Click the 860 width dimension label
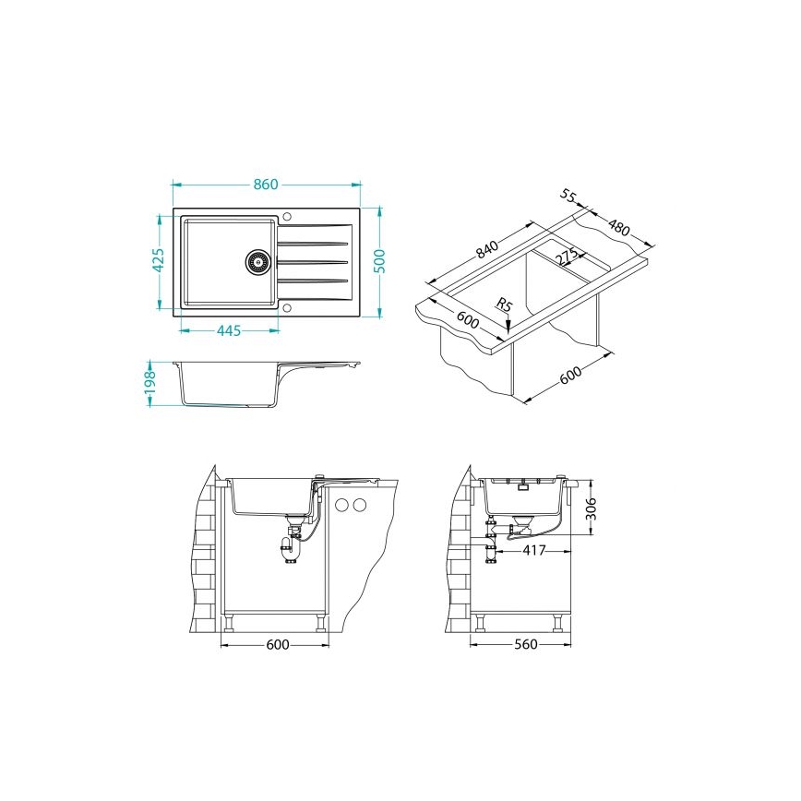point(266,184)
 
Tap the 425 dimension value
point(159,260)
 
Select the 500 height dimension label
point(379,261)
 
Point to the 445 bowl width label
point(229,331)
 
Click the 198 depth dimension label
point(149,383)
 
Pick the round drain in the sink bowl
point(257,261)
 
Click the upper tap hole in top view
point(286,216)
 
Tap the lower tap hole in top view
point(286,308)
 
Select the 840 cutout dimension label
point(486,249)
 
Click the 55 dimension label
point(568,195)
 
